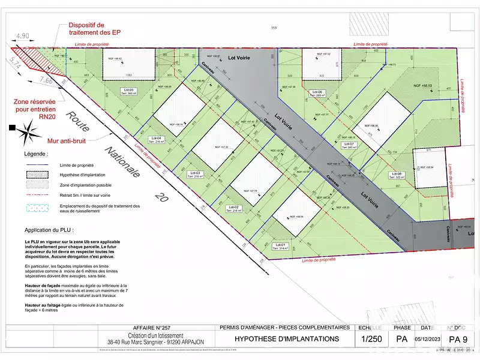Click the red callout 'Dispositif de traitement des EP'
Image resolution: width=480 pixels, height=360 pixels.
(x=95, y=28)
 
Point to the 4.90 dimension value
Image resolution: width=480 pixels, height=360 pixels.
(x=23, y=36)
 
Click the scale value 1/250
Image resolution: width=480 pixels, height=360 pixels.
(x=371, y=339)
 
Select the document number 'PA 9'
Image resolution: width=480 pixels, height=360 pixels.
(x=458, y=339)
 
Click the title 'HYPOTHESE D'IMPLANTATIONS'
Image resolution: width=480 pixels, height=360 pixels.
(x=286, y=339)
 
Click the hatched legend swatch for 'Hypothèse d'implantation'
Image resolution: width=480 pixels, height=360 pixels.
(x=38, y=175)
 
